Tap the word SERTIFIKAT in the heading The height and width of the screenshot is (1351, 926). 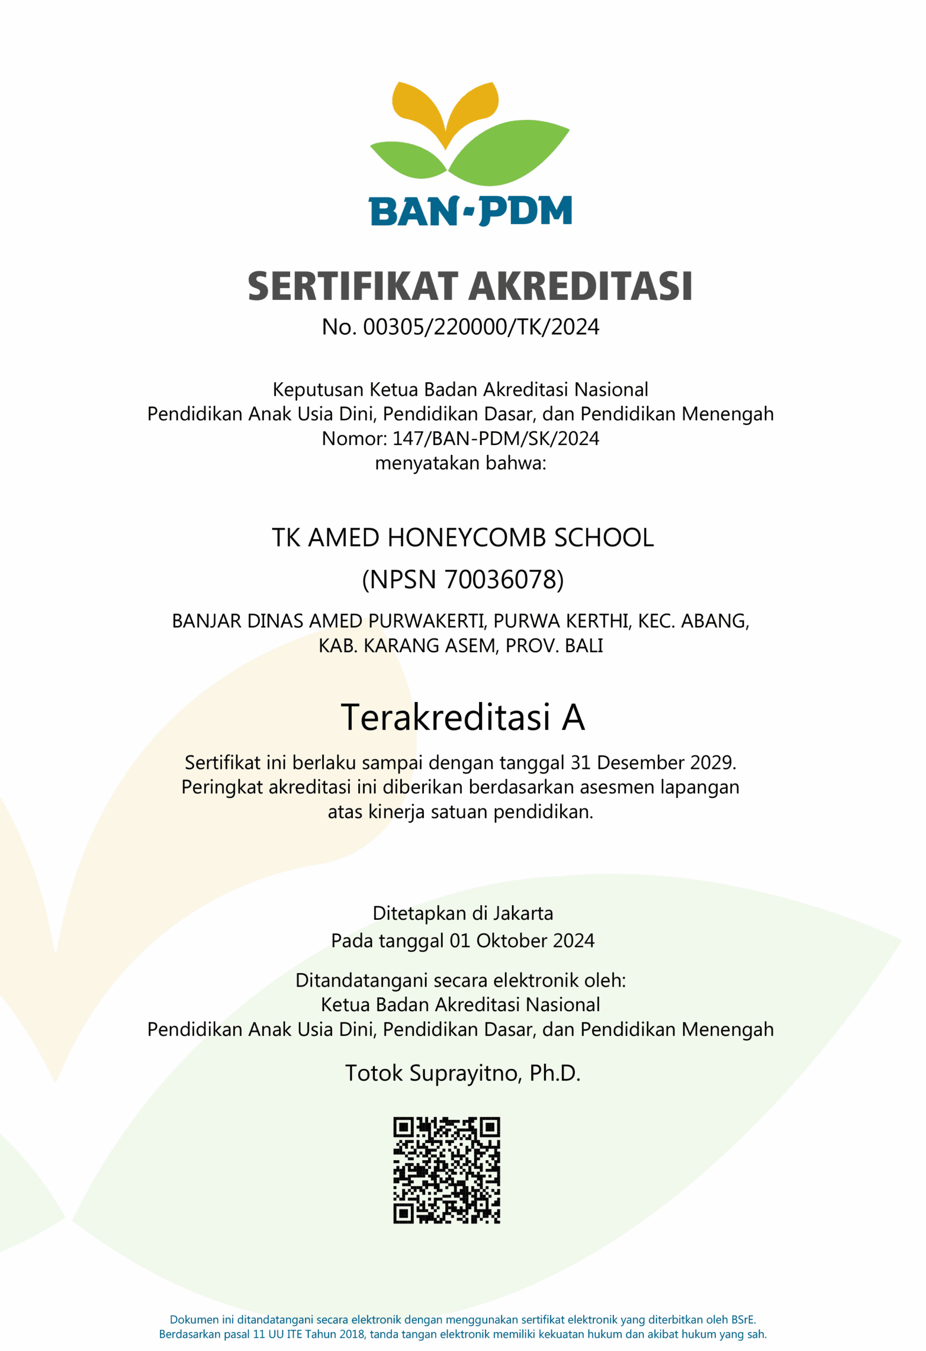pyautogui.click(x=353, y=287)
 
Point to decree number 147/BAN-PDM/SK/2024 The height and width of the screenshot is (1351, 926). pyautogui.click(x=496, y=438)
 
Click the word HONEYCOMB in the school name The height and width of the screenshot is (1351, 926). pyautogui.click(x=466, y=538)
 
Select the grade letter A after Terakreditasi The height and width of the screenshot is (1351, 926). pyautogui.click(x=573, y=717)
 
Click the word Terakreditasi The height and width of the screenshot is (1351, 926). pyautogui.click(x=445, y=717)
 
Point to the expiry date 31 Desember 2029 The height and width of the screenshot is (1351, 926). pyautogui.click(x=653, y=762)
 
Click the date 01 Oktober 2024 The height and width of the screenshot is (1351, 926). pyautogui.click(x=521, y=941)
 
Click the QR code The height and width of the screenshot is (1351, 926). pyautogui.click(x=446, y=1170)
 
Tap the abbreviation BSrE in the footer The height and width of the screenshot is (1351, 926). pyautogui.click(x=743, y=1320)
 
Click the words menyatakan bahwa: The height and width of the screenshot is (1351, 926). pyautogui.click(x=461, y=463)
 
